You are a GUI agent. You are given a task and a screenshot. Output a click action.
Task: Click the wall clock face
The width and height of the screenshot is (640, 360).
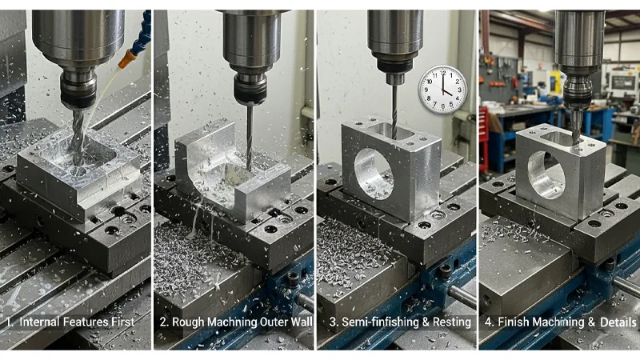(442, 89)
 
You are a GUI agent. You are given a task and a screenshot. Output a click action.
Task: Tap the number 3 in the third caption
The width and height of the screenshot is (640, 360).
(324, 322)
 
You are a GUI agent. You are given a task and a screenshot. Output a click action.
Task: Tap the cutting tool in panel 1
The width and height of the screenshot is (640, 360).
(78, 132)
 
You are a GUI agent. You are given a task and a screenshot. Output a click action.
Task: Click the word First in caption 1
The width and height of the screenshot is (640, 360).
(128, 322)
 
